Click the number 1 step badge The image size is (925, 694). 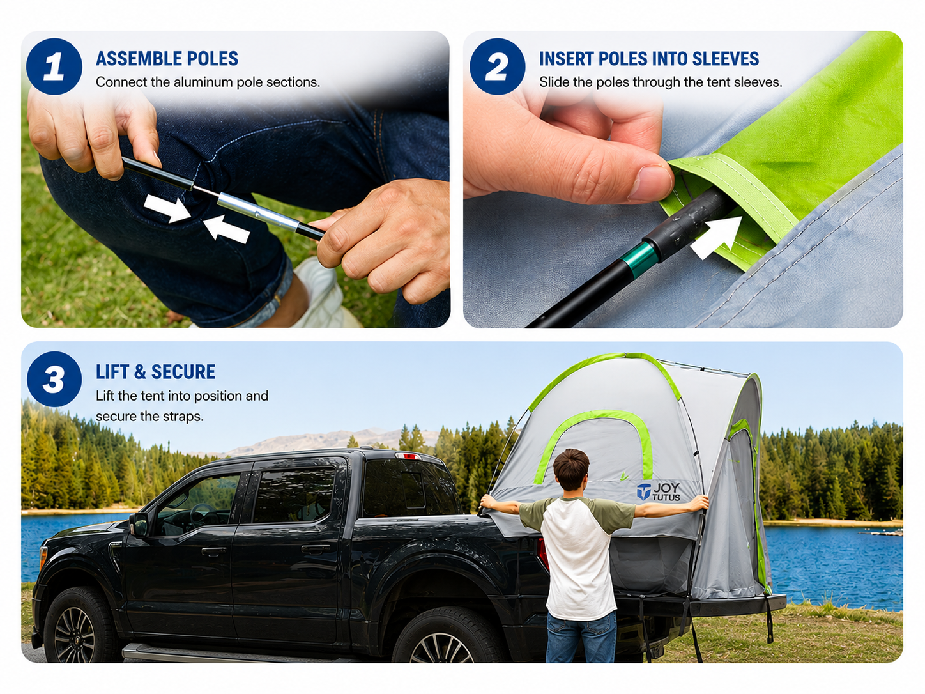click(x=54, y=66)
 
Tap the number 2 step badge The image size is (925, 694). click(x=497, y=66)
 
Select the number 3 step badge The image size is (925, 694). click(x=54, y=379)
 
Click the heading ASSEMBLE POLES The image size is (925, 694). click(x=167, y=59)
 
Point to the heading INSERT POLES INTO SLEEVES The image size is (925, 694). click(x=649, y=59)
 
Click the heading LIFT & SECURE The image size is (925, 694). click(x=155, y=372)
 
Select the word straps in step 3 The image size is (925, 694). click(x=183, y=417)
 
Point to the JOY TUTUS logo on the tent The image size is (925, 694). click(x=658, y=491)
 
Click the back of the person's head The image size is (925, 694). click(x=571, y=470)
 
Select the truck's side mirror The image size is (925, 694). click(x=139, y=525)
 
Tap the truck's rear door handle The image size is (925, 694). click(x=315, y=549)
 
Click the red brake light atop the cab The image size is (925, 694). click(x=408, y=456)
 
